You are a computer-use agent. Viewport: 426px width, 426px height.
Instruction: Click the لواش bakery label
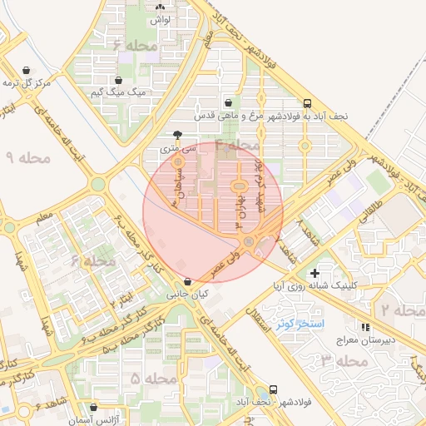click(x=161, y=18)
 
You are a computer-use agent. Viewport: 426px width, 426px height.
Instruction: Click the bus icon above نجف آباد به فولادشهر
click(x=308, y=104)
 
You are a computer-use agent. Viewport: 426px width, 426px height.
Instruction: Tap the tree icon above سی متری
click(x=177, y=134)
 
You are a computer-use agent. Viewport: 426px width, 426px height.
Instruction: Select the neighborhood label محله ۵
click(x=155, y=379)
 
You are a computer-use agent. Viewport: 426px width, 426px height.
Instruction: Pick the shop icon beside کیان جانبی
click(x=188, y=282)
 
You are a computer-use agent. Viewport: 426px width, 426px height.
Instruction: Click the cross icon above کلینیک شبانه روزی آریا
click(x=315, y=273)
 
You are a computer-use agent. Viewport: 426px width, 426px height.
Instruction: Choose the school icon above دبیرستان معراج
click(x=366, y=326)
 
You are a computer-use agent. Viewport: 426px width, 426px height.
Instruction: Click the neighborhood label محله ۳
click(x=344, y=360)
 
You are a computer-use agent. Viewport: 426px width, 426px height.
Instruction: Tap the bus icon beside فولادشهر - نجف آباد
click(x=273, y=389)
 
